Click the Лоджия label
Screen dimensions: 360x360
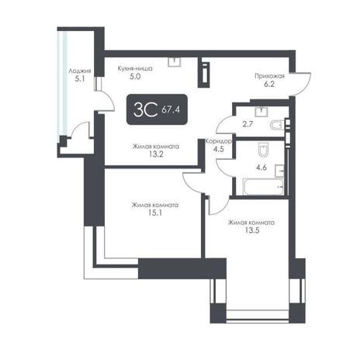[x=80, y=71]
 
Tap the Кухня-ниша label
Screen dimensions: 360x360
[x=135, y=69]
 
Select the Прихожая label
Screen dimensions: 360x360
[x=269, y=76]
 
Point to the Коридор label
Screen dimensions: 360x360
[x=218, y=141]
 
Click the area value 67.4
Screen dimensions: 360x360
[x=171, y=109]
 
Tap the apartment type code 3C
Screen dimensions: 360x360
[x=145, y=109]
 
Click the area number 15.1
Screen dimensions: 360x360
[x=156, y=213]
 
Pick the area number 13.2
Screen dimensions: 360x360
[x=156, y=154]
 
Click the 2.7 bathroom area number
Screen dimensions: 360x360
[x=247, y=124]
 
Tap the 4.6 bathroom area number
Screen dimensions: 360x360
[x=261, y=168]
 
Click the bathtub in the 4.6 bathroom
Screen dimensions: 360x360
[x=264, y=187]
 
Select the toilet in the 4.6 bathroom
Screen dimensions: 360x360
[x=264, y=150]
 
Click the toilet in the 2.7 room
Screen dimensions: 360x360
[x=278, y=126]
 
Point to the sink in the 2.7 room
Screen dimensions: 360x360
[x=261, y=112]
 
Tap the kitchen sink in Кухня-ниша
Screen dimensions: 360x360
[x=175, y=62]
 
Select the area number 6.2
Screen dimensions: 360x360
[x=269, y=84]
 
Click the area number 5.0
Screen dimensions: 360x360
[x=135, y=77]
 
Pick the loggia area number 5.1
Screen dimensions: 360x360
[x=80, y=79]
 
